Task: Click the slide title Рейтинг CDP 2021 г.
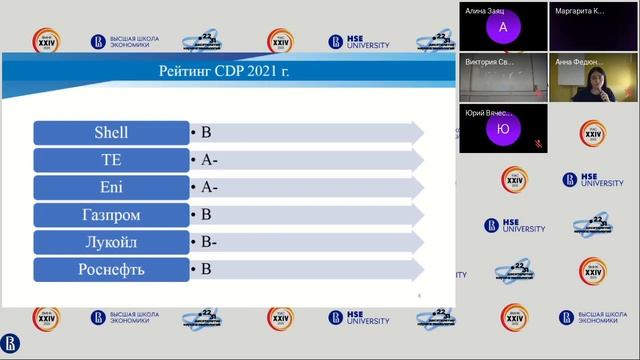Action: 224,71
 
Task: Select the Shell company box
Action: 111,132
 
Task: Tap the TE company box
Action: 111,159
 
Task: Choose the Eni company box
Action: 111,187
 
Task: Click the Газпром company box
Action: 111,214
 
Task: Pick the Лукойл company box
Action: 111,242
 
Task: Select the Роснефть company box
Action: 111,269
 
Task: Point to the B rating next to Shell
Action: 206,132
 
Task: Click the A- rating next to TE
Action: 209,159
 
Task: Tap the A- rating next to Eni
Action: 209,187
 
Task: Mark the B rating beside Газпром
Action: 206,214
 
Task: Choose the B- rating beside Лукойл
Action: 208,242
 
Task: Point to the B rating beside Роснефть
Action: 206,269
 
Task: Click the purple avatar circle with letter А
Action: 503,28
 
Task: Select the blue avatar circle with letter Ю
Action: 503,129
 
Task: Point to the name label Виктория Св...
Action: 489,62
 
